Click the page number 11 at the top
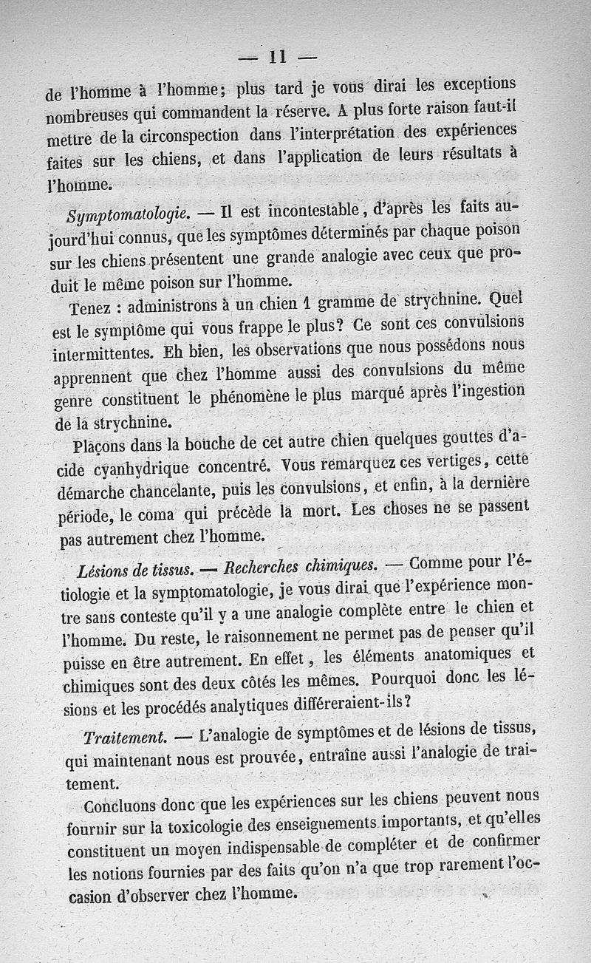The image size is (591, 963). click(278, 58)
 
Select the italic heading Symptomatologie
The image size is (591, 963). click(130, 215)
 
